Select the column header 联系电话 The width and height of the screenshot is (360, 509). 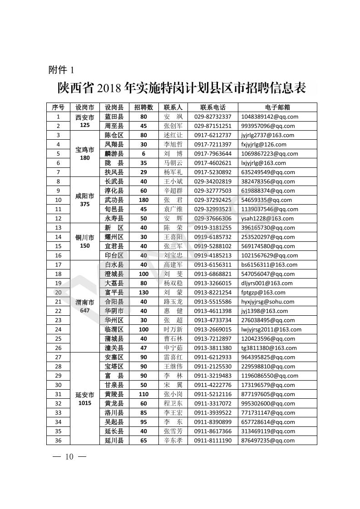click(212, 108)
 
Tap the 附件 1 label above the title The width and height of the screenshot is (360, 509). click(61, 70)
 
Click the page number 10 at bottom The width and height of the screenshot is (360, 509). click(69, 456)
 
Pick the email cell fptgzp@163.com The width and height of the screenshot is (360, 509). click(263, 293)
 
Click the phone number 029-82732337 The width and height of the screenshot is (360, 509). click(212, 117)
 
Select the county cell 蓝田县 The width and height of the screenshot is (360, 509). click(114, 117)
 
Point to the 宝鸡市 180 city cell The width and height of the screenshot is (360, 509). click(85, 154)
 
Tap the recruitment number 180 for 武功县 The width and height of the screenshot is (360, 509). click(143, 200)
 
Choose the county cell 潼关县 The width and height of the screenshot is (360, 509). click(114, 348)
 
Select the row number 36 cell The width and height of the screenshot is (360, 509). click(58, 440)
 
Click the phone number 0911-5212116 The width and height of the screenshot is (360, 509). click(212, 394)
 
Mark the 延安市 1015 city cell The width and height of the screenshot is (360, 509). click(85, 399)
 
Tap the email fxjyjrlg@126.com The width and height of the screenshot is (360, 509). click(264, 145)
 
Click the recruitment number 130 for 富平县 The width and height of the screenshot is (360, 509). click(143, 293)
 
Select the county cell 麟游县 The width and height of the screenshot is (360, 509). click(114, 154)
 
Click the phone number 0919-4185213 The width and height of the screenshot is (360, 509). click(212, 255)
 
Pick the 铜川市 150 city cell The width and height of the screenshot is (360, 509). click(85, 241)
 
